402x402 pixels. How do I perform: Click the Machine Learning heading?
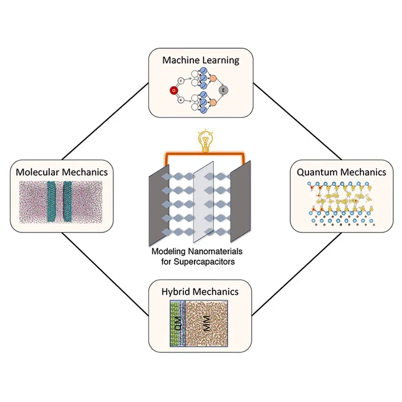[x=201, y=60]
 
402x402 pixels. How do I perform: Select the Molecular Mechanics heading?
[x=62, y=172]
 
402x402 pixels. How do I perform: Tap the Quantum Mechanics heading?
[x=342, y=172]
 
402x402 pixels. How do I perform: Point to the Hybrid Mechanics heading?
[x=200, y=292]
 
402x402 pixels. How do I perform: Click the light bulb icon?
[x=206, y=141]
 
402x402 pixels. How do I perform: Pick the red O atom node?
[x=174, y=90]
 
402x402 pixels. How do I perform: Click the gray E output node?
[x=223, y=90]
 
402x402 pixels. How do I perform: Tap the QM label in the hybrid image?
[x=177, y=323]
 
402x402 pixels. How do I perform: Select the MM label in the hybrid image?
[x=206, y=323]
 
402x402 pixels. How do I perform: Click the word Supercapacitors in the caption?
[x=204, y=262]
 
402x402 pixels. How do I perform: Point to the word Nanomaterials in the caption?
[x=215, y=251]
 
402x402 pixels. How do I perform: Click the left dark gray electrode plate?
[x=159, y=205]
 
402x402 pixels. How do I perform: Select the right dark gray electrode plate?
[x=240, y=202]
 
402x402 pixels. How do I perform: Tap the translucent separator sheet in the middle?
[x=203, y=202]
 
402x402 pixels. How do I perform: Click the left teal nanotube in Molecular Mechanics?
[x=53, y=202]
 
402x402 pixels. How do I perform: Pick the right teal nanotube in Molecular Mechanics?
[x=68, y=202]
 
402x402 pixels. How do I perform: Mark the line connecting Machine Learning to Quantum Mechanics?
[x=297, y=121]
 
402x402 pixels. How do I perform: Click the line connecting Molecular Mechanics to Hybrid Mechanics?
[x=105, y=274]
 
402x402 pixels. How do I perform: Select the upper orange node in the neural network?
[x=213, y=78]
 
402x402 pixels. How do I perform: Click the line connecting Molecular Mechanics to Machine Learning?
[x=105, y=121]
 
